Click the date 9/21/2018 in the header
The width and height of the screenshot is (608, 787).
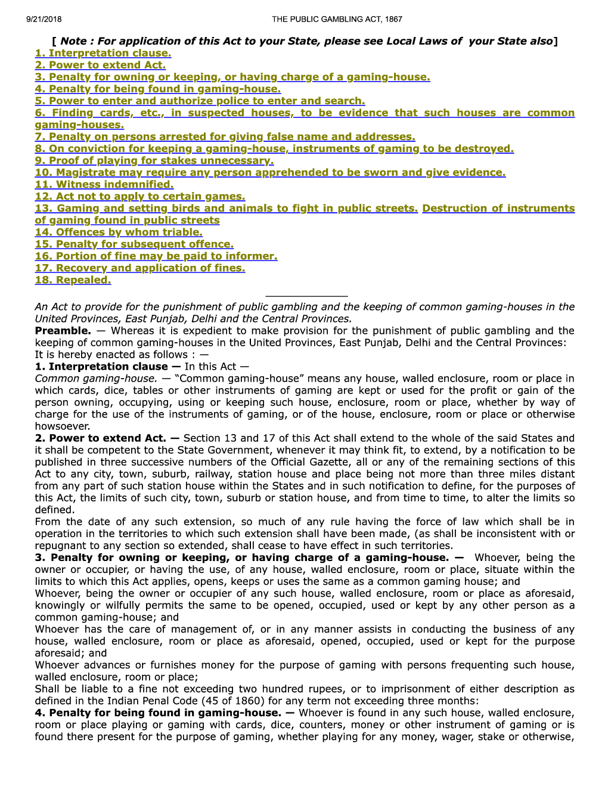click(44, 19)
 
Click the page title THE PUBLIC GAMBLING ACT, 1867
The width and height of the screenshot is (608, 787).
click(337, 19)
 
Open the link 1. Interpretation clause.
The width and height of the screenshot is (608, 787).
click(103, 53)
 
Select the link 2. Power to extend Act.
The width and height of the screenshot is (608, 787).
click(100, 65)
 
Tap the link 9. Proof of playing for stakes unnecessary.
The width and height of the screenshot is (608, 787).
click(154, 160)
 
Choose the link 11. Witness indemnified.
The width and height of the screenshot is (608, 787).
click(104, 184)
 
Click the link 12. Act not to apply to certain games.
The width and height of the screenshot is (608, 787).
click(140, 196)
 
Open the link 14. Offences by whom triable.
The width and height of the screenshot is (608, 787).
click(119, 232)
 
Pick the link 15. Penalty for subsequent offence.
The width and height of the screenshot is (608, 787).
click(134, 244)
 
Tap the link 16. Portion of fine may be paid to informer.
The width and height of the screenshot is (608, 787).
click(156, 256)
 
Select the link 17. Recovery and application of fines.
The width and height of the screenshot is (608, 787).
click(140, 268)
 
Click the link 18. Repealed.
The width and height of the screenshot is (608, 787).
click(73, 280)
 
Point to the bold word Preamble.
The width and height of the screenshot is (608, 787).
click(63, 331)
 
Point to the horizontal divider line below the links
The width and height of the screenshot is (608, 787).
click(306, 296)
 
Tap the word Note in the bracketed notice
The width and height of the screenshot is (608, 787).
click(73, 41)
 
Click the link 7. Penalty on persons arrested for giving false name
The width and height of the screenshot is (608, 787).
click(225, 137)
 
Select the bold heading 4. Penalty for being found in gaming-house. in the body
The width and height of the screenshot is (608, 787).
click(157, 712)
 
